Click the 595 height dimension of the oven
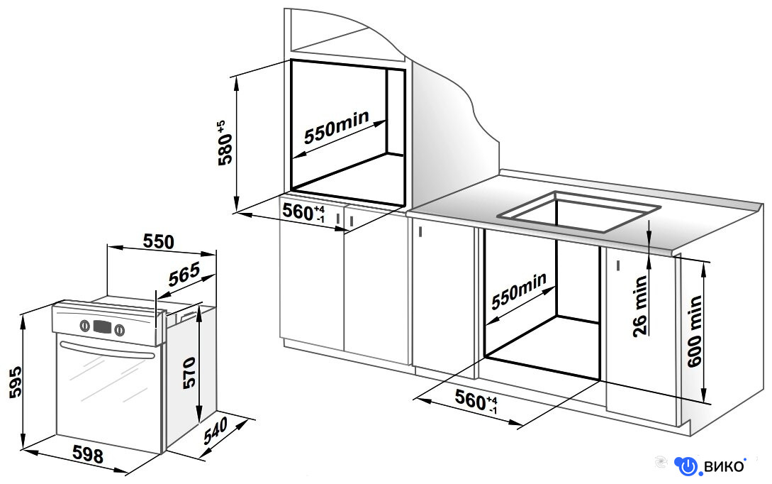(16, 382)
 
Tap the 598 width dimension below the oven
(88, 454)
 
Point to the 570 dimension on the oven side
(189, 373)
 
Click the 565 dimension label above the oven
(184, 275)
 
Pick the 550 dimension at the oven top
(159, 241)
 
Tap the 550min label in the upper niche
(336, 127)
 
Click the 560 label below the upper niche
(303, 212)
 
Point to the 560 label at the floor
(476, 400)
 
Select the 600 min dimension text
(694, 331)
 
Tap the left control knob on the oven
(84, 325)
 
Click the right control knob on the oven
(119, 329)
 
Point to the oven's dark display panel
(102, 326)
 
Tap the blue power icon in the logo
(688, 466)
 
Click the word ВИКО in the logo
(724, 466)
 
